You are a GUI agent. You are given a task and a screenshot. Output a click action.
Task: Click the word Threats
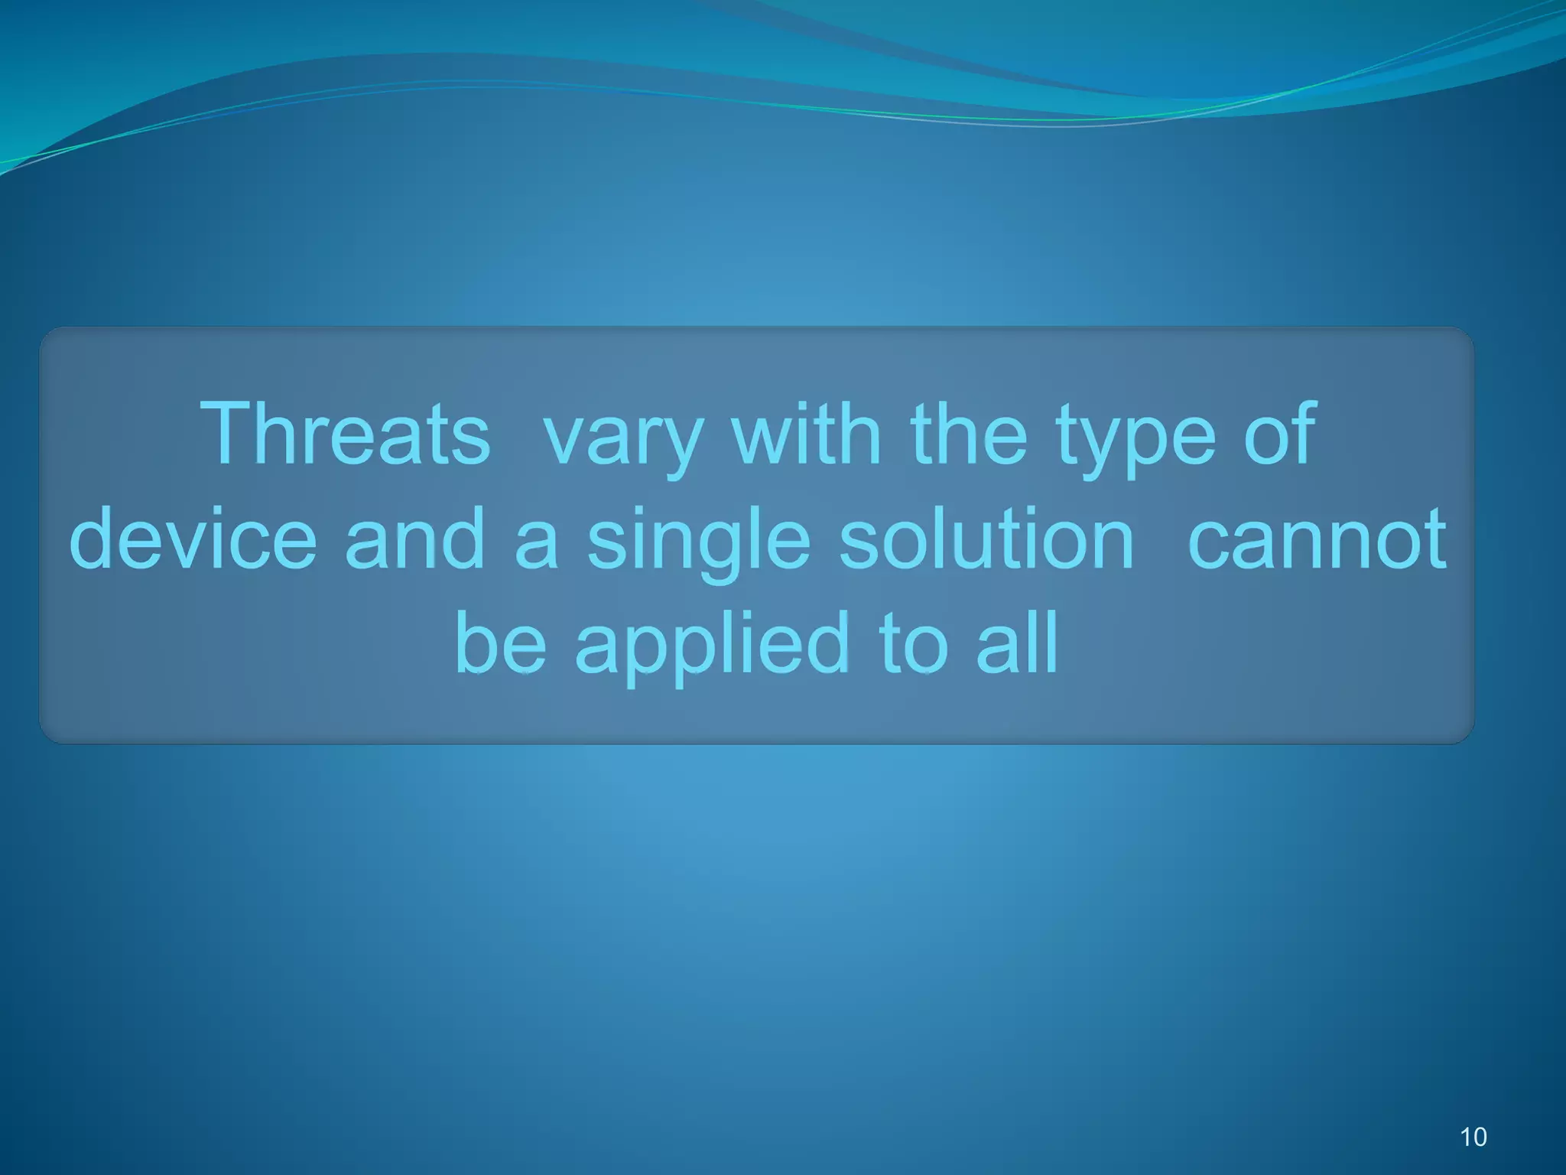[345, 435]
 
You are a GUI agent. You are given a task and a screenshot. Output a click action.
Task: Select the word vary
[622, 440]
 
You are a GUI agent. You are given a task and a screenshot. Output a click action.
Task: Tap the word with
[806, 435]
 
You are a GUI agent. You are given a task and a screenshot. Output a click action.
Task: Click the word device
[193, 539]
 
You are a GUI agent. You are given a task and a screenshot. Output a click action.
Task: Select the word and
[415, 539]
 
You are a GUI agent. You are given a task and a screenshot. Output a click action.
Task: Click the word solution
[986, 539]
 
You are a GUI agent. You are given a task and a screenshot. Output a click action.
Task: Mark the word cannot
[1317, 540]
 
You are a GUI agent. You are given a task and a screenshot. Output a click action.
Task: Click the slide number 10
[1473, 1137]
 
